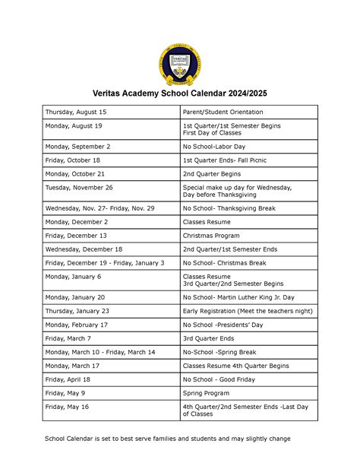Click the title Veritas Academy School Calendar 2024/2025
tap(180, 94)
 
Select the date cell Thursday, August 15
tap(77, 112)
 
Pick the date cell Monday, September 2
tap(77, 146)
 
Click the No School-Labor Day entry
tap(216, 146)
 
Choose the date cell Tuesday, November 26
tap(79, 187)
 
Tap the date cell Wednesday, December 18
tap(84, 249)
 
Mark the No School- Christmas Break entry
tap(225, 263)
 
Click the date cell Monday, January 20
tap(75, 297)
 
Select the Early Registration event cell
tap(248, 311)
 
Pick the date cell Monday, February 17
tap(77, 325)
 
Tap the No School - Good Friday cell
tap(218, 379)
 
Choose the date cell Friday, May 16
tap(68, 407)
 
